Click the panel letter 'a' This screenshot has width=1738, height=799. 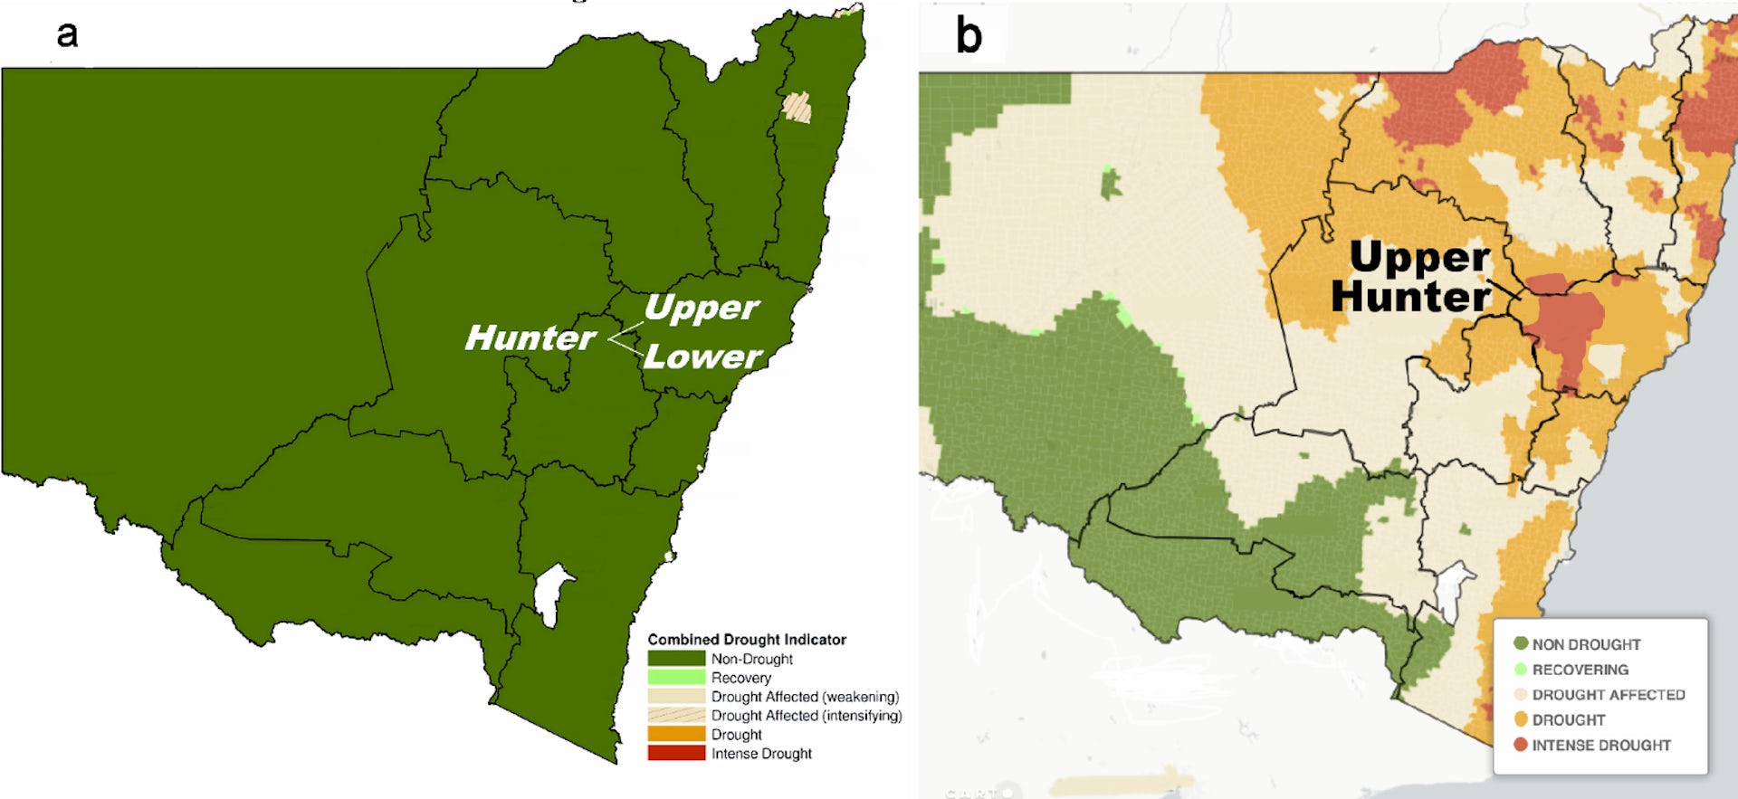coord(67,34)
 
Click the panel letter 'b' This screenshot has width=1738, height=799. coord(969,36)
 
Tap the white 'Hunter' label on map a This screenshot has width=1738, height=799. coord(530,338)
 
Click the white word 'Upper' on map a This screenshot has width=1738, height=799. coord(701,309)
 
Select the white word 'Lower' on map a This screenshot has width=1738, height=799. coord(702,357)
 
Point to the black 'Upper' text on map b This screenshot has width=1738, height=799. coord(1418,258)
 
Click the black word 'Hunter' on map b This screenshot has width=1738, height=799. coord(1409,297)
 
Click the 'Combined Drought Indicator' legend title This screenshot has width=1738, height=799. coord(746,640)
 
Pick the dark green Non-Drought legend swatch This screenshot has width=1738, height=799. coord(675,659)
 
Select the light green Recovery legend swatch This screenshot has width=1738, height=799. coord(675,677)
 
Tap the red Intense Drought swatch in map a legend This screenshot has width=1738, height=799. coord(675,753)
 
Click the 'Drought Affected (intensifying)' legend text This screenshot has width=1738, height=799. coord(806,716)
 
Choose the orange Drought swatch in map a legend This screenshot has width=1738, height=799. coord(675,734)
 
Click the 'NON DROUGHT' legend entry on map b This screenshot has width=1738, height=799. coord(1586,644)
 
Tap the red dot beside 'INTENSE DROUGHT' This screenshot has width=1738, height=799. coord(1521,745)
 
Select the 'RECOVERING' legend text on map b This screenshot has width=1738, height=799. coord(1580,670)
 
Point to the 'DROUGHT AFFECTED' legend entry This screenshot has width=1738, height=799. coord(1608,695)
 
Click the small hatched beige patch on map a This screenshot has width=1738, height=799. coord(797,108)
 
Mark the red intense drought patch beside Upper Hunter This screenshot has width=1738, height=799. coord(1566,326)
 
